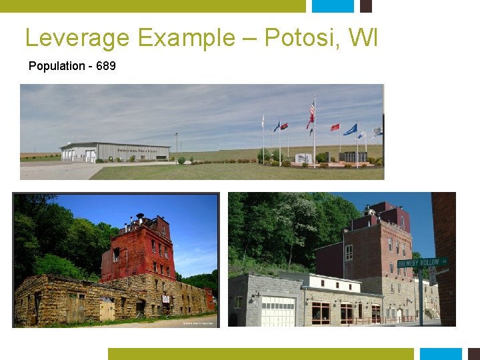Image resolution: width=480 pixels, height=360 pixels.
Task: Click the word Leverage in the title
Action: click(x=77, y=38)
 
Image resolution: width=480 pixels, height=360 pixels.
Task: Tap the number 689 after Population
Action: click(x=106, y=66)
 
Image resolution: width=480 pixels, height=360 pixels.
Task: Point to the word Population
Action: click(x=57, y=66)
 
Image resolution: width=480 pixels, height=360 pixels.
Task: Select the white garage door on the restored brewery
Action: click(x=278, y=311)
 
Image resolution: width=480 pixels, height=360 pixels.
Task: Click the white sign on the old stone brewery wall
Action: click(x=165, y=299)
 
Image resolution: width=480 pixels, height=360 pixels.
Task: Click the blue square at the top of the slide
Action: click(x=333, y=5)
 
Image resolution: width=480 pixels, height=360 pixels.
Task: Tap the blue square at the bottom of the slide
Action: click(x=440, y=354)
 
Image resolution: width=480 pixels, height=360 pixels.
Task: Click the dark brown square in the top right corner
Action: click(x=365, y=5)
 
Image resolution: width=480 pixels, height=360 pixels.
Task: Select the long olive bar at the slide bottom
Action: click(x=261, y=354)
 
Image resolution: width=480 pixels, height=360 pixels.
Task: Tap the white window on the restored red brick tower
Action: click(x=349, y=252)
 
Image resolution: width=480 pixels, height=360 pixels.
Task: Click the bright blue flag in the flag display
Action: click(x=350, y=129)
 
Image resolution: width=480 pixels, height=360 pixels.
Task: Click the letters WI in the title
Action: click(x=365, y=37)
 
